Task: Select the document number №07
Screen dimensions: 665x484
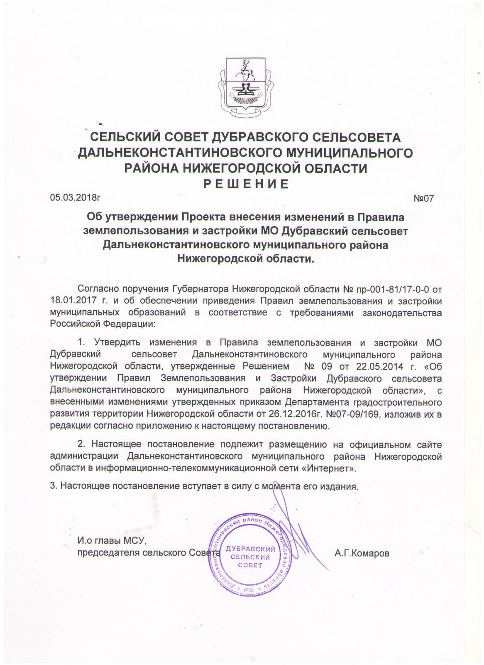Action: (x=423, y=198)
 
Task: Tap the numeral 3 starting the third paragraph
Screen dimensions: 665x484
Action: (x=52, y=487)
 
